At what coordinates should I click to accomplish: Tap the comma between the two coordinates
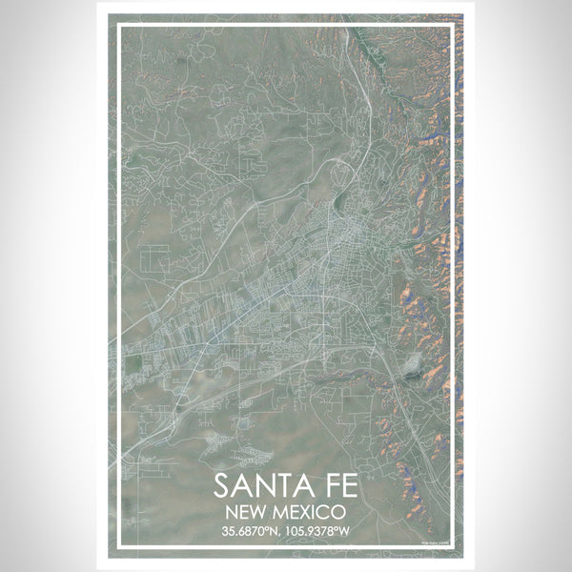tap(283, 533)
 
